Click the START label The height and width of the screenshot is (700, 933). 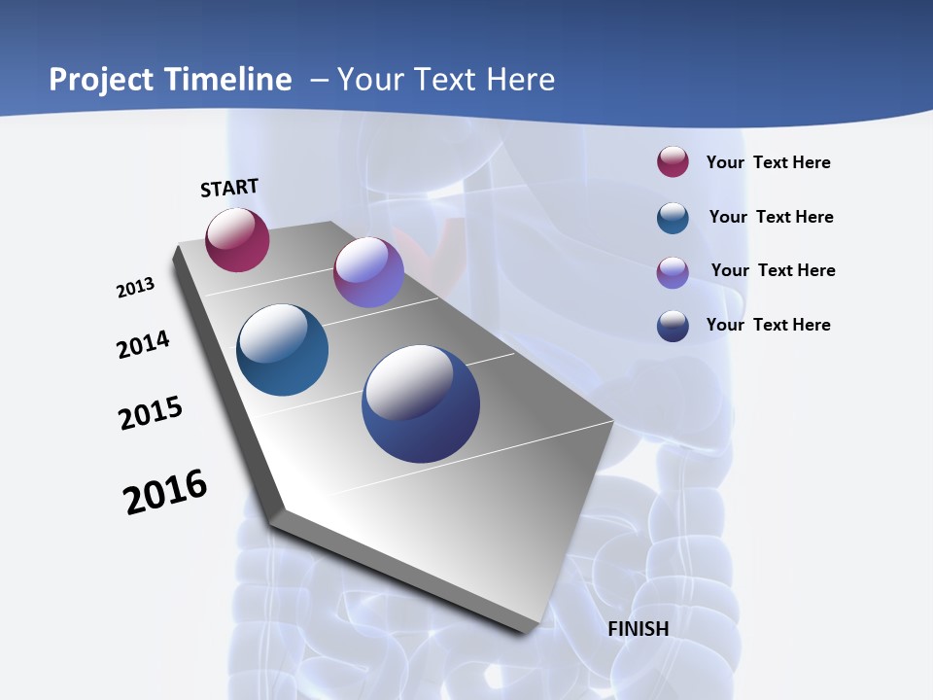(x=229, y=188)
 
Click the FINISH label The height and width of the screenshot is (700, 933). (x=638, y=629)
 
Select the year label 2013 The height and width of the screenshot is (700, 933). (x=135, y=288)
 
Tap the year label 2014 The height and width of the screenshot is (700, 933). (x=143, y=344)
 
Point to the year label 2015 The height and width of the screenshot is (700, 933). (x=150, y=413)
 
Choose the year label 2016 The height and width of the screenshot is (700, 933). (x=165, y=492)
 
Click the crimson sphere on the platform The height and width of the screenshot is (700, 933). (x=237, y=239)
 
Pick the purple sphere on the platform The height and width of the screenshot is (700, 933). (x=368, y=272)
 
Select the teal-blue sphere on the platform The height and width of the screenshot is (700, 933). (x=282, y=350)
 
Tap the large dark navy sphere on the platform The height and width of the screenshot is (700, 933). (x=421, y=403)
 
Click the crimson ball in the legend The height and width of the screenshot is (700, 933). (x=673, y=161)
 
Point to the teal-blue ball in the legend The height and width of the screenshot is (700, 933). (x=673, y=217)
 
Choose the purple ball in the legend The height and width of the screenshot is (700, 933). (x=673, y=271)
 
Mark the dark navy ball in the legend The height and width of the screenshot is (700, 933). (x=673, y=326)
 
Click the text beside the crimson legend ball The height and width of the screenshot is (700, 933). (x=768, y=162)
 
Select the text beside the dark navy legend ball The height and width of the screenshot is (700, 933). (x=768, y=325)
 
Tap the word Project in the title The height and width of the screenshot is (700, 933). (x=100, y=80)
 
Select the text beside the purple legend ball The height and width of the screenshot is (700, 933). (x=773, y=270)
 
